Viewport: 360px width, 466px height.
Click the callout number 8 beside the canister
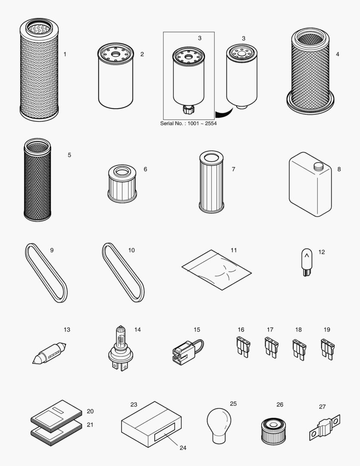(x=339, y=169)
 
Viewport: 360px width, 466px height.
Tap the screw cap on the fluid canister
(x=318, y=165)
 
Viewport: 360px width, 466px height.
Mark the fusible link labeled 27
(x=325, y=428)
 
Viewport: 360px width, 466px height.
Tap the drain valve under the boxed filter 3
(x=188, y=110)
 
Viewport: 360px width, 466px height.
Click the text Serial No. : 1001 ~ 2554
(x=188, y=123)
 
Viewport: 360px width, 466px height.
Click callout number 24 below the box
(x=183, y=448)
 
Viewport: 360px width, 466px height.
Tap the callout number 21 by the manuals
(x=90, y=425)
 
